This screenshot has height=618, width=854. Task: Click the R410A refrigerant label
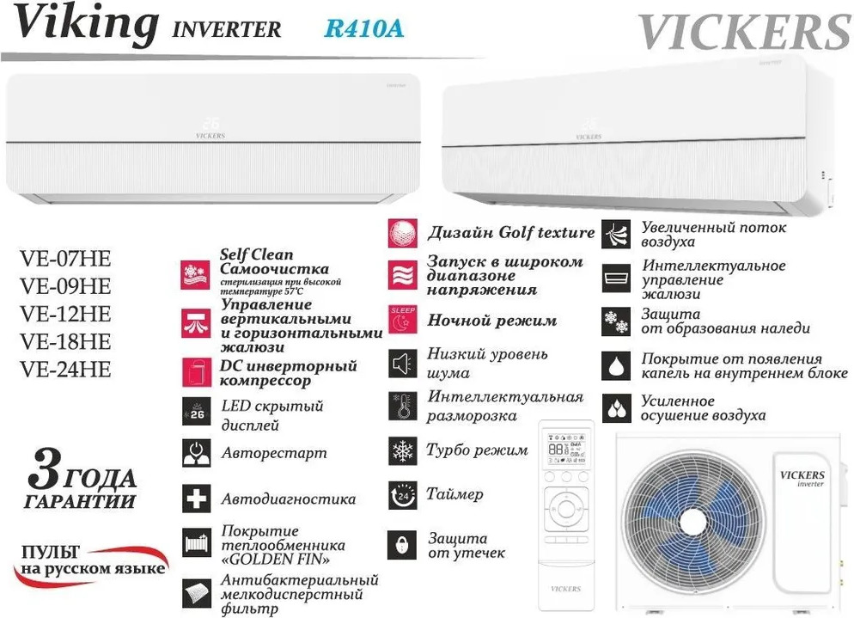pyautogui.click(x=363, y=28)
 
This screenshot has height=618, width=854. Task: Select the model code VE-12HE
pyautogui.click(x=65, y=314)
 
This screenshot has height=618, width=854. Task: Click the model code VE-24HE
pyautogui.click(x=65, y=370)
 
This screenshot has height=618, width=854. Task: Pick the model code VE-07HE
pyautogui.click(x=65, y=259)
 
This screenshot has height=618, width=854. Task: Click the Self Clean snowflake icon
pyautogui.click(x=197, y=274)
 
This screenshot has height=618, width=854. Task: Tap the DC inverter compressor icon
pyautogui.click(x=197, y=371)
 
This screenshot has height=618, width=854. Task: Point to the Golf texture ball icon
pyautogui.click(x=402, y=233)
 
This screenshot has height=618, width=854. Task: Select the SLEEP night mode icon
pyautogui.click(x=402, y=320)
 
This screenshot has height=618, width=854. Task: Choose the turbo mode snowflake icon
pyautogui.click(x=402, y=450)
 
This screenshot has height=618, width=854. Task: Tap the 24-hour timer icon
pyautogui.click(x=402, y=496)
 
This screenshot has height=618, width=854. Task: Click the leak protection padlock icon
pyautogui.click(x=402, y=545)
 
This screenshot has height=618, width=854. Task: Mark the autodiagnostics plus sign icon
pyautogui.click(x=197, y=499)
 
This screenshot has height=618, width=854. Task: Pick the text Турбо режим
pyautogui.click(x=477, y=450)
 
